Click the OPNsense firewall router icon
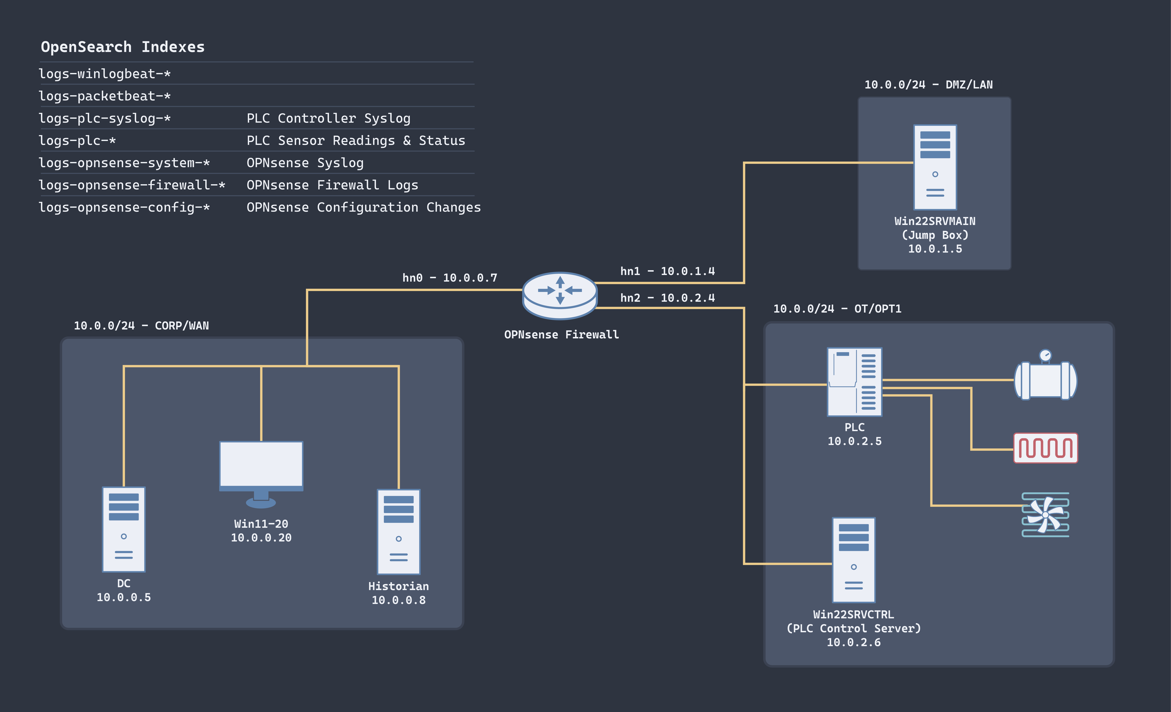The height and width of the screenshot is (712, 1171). pyautogui.click(x=560, y=295)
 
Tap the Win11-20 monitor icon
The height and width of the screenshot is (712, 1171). pyautogui.click(x=261, y=473)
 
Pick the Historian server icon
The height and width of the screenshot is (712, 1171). pyautogui.click(x=398, y=532)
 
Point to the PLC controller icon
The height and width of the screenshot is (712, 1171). pyautogui.click(x=854, y=382)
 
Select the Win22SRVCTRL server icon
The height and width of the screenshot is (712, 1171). pyautogui.click(x=854, y=559)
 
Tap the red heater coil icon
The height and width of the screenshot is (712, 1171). pyautogui.click(x=1045, y=447)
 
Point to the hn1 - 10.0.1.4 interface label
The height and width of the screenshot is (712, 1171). pyautogui.click(x=667, y=271)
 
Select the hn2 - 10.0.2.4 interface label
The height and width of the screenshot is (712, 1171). pyautogui.click(x=667, y=298)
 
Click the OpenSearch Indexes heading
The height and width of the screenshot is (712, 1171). pyautogui.click(x=123, y=47)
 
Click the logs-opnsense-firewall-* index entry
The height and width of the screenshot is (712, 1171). pyautogui.click(x=132, y=185)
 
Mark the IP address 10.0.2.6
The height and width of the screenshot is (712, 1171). pyautogui.click(x=854, y=642)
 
